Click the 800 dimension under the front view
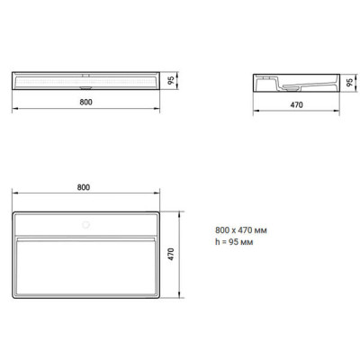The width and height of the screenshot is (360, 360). tap(85, 102)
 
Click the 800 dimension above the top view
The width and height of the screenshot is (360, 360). tap(84, 187)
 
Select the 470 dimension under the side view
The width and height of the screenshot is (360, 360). tap(296, 104)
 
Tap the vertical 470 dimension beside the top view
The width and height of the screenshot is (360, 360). tap(171, 254)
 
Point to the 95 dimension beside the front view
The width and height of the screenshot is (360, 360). tap(171, 80)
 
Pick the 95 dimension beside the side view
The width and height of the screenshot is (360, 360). tap(349, 83)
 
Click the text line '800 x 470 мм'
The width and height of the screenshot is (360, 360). tap(241, 230)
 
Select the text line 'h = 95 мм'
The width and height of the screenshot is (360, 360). tap(234, 242)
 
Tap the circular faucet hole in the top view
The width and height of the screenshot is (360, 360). tap(86, 225)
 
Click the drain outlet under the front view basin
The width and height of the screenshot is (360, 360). tap(85, 88)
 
